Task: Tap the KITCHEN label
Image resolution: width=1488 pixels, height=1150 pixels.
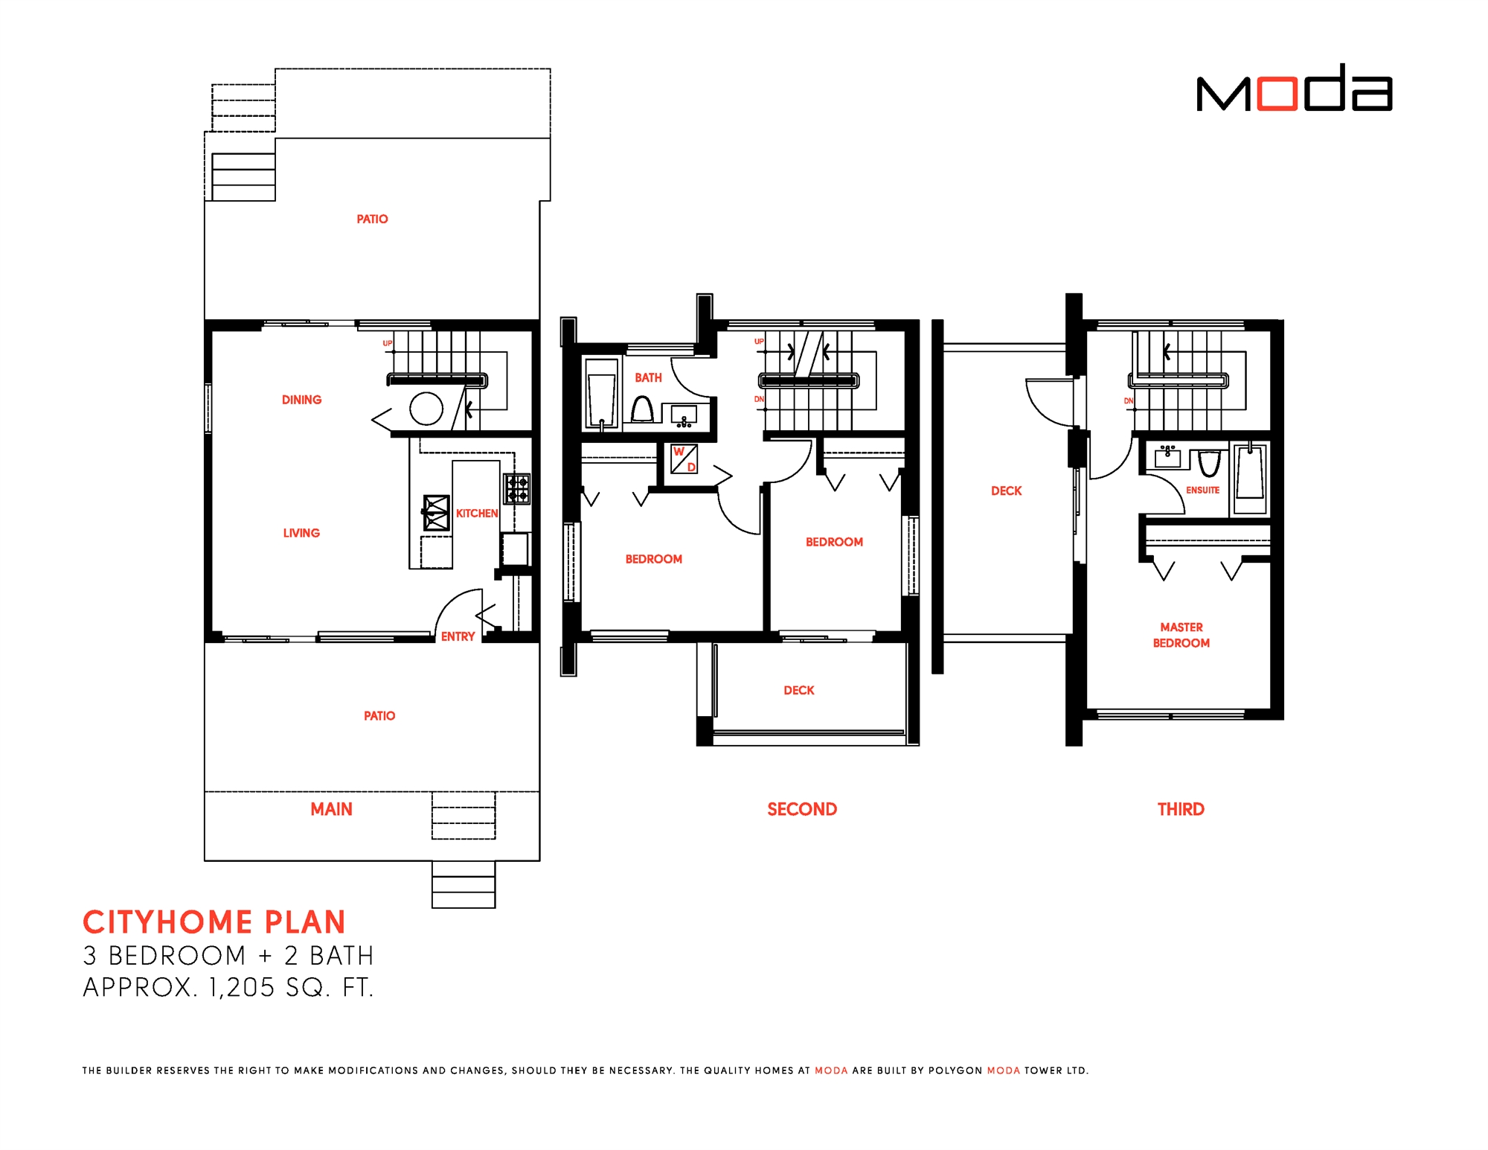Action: (x=477, y=514)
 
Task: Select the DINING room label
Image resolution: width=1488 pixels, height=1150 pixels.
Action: (x=301, y=400)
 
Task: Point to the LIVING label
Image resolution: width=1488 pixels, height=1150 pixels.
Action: (x=301, y=533)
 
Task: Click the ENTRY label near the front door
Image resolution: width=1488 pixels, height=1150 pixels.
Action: (x=458, y=636)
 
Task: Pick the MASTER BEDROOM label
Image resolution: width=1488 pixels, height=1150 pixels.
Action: (x=1181, y=635)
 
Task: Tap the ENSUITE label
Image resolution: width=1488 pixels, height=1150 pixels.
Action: (x=1202, y=490)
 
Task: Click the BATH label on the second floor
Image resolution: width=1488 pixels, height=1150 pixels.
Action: (x=648, y=378)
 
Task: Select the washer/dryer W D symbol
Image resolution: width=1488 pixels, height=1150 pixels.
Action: (x=684, y=459)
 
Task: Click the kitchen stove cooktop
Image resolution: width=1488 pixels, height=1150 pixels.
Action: (x=517, y=488)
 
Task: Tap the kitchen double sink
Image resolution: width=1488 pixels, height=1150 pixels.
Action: (x=437, y=512)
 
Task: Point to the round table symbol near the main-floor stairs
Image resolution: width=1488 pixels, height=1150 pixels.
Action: (x=426, y=409)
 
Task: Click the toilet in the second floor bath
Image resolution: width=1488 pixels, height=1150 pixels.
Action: (x=642, y=409)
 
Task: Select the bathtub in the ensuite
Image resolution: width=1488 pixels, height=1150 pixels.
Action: (x=1250, y=476)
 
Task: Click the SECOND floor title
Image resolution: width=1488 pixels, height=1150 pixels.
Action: (x=802, y=809)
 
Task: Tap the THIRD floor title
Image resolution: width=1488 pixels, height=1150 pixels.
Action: (x=1181, y=809)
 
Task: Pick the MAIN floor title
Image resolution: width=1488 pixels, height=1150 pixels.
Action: (x=331, y=809)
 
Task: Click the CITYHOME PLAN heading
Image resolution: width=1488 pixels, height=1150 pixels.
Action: (x=214, y=922)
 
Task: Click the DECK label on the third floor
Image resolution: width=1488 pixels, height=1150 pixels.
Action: (x=1006, y=491)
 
